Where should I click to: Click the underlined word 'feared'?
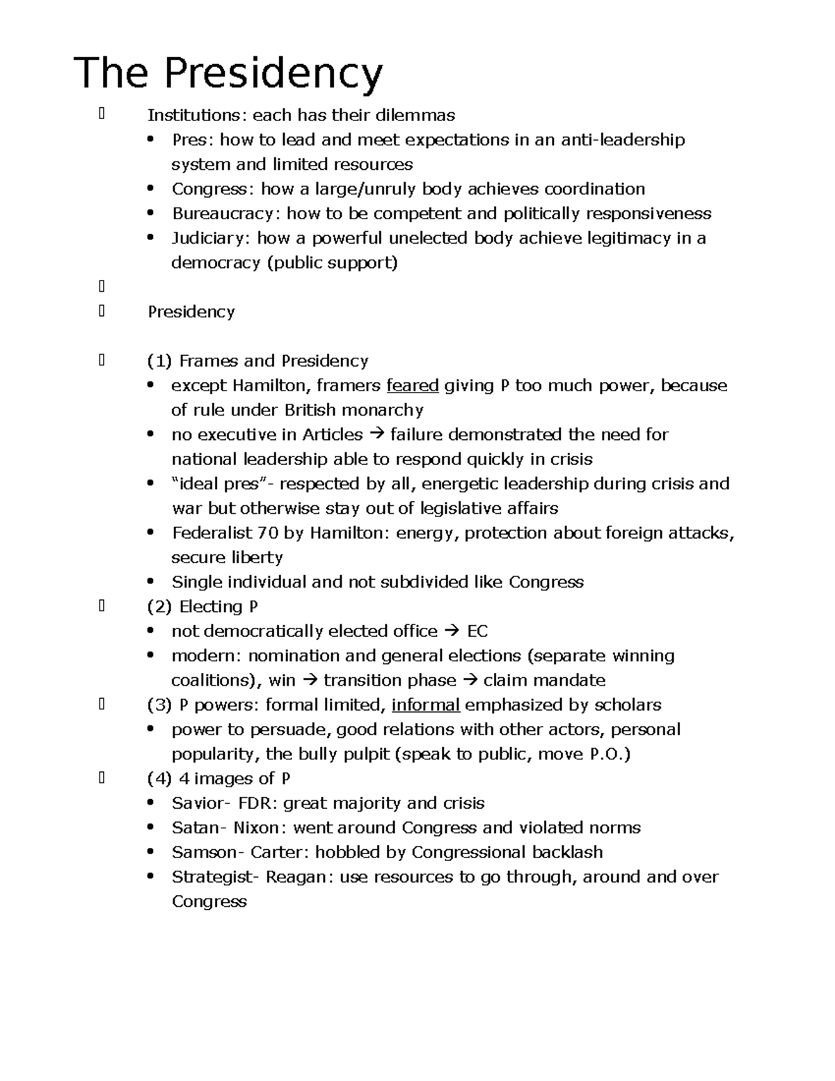412,386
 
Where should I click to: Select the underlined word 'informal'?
425,705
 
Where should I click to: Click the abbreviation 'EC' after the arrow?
477,631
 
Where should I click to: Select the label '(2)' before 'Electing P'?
159,607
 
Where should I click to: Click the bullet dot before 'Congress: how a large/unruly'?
150,189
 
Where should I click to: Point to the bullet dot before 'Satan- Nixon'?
150,828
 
